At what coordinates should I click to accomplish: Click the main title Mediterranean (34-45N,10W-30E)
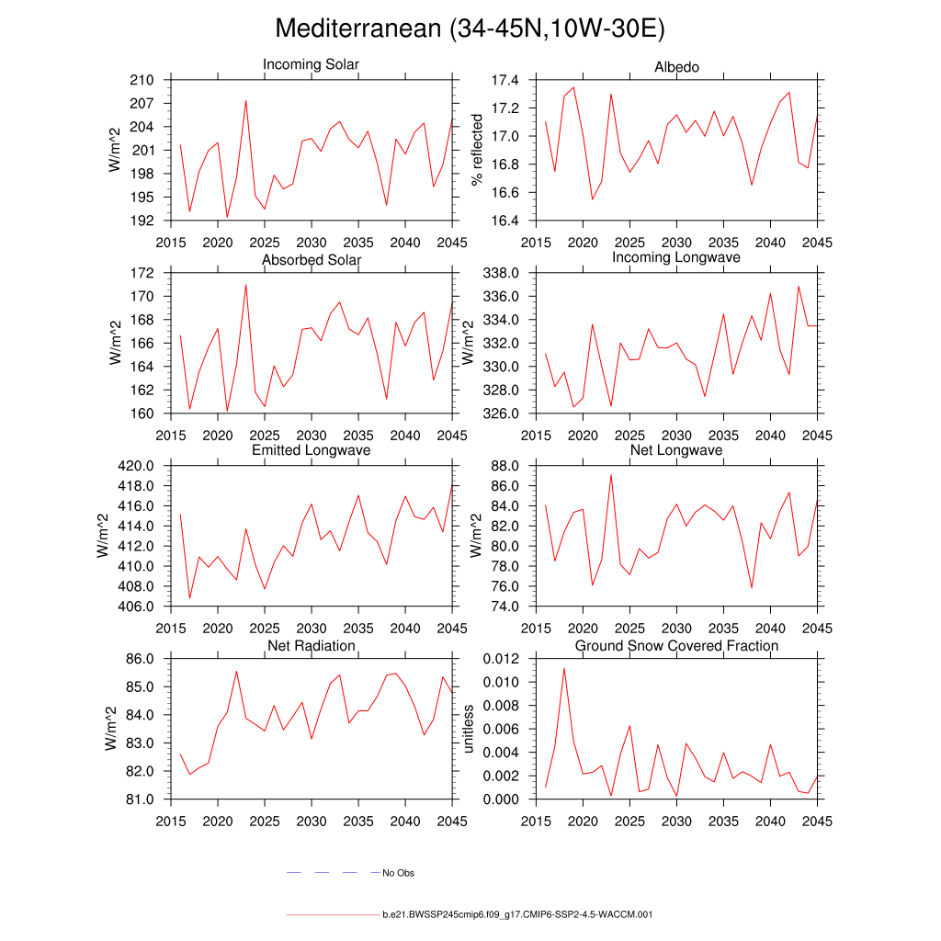[x=470, y=28]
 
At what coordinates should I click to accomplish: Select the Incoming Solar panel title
[x=311, y=64]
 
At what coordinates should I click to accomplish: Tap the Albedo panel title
[x=676, y=67]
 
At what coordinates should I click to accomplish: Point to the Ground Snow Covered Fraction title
[x=676, y=646]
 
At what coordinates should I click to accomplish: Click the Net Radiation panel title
[x=311, y=646]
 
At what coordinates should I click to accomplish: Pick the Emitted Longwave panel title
[x=311, y=450]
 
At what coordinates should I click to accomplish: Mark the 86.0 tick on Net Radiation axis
[x=138, y=659]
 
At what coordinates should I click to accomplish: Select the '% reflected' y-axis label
[x=476, y=150]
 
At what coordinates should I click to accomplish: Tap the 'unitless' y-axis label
[x=468, y=729]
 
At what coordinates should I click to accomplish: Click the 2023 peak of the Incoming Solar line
[x=245, y=101]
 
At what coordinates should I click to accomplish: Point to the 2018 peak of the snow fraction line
[x=563, y=668]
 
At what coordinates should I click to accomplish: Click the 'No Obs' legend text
[x=398, y=873]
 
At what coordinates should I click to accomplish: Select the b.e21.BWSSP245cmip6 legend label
[x=517, y=915]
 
